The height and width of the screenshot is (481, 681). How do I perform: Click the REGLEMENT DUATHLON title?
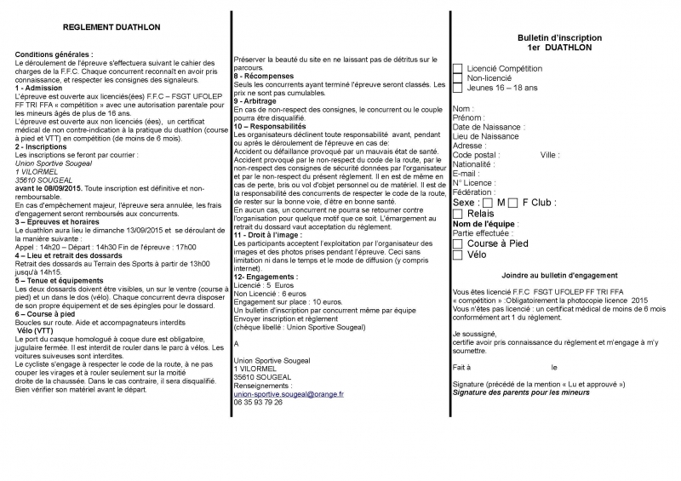pos(112,27)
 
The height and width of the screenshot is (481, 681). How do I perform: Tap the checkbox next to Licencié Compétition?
pos(458,67)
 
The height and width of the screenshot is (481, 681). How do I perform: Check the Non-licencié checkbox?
pos(458,77)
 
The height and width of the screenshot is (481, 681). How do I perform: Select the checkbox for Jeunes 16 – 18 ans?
pos(458,88)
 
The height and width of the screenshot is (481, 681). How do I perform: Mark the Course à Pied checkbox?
pos(458,243)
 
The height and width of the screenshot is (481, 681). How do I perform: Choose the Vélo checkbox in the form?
pos(458,255)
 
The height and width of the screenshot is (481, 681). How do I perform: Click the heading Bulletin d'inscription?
pos(559,38)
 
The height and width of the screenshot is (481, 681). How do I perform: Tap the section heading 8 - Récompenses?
pos(266,76)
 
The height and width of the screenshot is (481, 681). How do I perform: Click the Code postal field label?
pos(477,155)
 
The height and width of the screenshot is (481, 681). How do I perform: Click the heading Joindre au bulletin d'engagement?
pos(558,276)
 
